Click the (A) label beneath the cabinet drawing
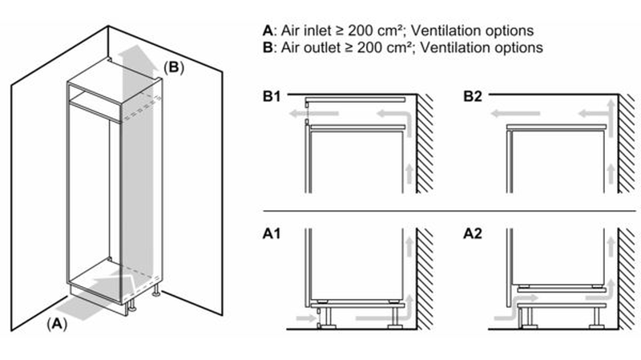[55, 324]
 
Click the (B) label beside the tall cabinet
[174, 67]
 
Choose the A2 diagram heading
[473, 235]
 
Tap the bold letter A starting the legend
[267, 30]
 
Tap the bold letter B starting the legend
[267, 47]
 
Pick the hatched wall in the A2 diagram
[625, 281]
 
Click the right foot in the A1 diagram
[393, 319]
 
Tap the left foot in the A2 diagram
[527, 319]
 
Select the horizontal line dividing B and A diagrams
[449, 212]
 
